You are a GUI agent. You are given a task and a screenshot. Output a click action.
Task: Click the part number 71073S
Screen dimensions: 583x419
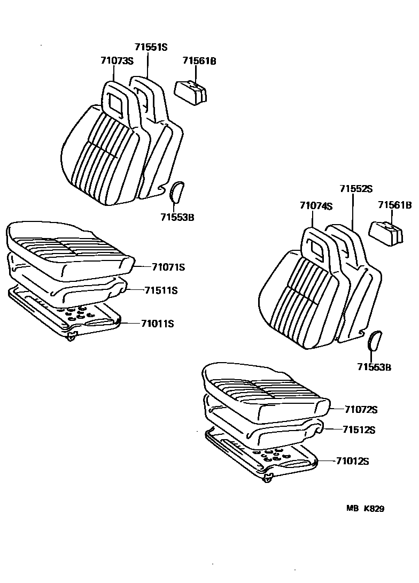tap(116, 61)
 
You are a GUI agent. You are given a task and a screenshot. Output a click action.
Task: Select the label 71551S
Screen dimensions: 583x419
tap(151, 47)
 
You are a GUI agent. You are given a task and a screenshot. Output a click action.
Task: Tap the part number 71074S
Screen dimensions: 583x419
tap(316, 205)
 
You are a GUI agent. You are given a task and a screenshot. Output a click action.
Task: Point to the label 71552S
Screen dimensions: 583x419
tap(356, 189)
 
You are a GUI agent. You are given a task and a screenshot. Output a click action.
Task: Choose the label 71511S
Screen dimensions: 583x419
tap(160, 290)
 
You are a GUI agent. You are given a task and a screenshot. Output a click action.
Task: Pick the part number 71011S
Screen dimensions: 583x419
tap(158, 323)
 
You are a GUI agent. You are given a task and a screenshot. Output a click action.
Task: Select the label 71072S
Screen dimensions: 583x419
tap(361, 410)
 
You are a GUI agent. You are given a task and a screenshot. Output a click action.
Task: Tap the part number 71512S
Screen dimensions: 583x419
tap(359, 429)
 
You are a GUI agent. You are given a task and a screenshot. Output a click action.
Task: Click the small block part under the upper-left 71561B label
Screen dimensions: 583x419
tap(192, 93)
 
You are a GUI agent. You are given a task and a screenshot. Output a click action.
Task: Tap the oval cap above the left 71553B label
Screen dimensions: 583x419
tap(177, 192)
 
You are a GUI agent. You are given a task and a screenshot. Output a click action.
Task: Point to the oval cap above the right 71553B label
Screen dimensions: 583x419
tap(375, 341)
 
